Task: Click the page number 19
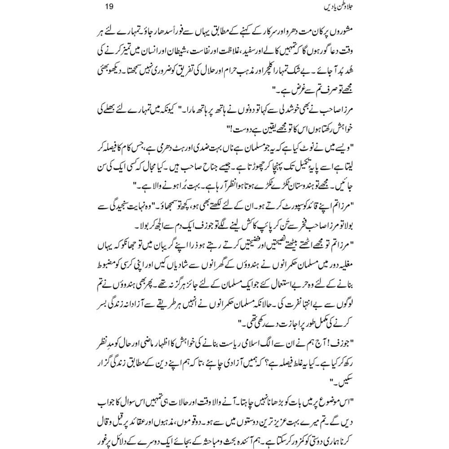point(101,7)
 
